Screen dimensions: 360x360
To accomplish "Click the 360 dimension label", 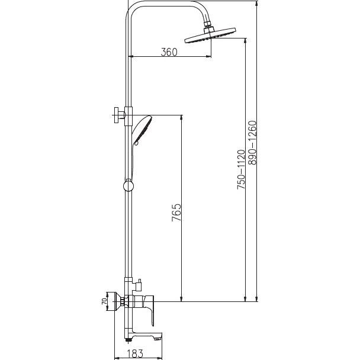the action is click(169, 52).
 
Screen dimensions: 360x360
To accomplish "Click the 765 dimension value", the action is click(176, 213).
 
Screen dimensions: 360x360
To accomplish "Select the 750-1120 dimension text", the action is click(241, 169).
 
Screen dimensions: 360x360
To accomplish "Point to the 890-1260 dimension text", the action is click(252, 143).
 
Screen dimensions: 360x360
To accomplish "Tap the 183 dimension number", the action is click(135, 353).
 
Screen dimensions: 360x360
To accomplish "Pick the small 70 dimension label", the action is click(104, 301).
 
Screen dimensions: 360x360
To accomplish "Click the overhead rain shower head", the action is click(210, 36).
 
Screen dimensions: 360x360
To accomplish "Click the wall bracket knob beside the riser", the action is click(119, 115).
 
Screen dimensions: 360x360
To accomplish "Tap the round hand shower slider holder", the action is click(128, 185).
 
